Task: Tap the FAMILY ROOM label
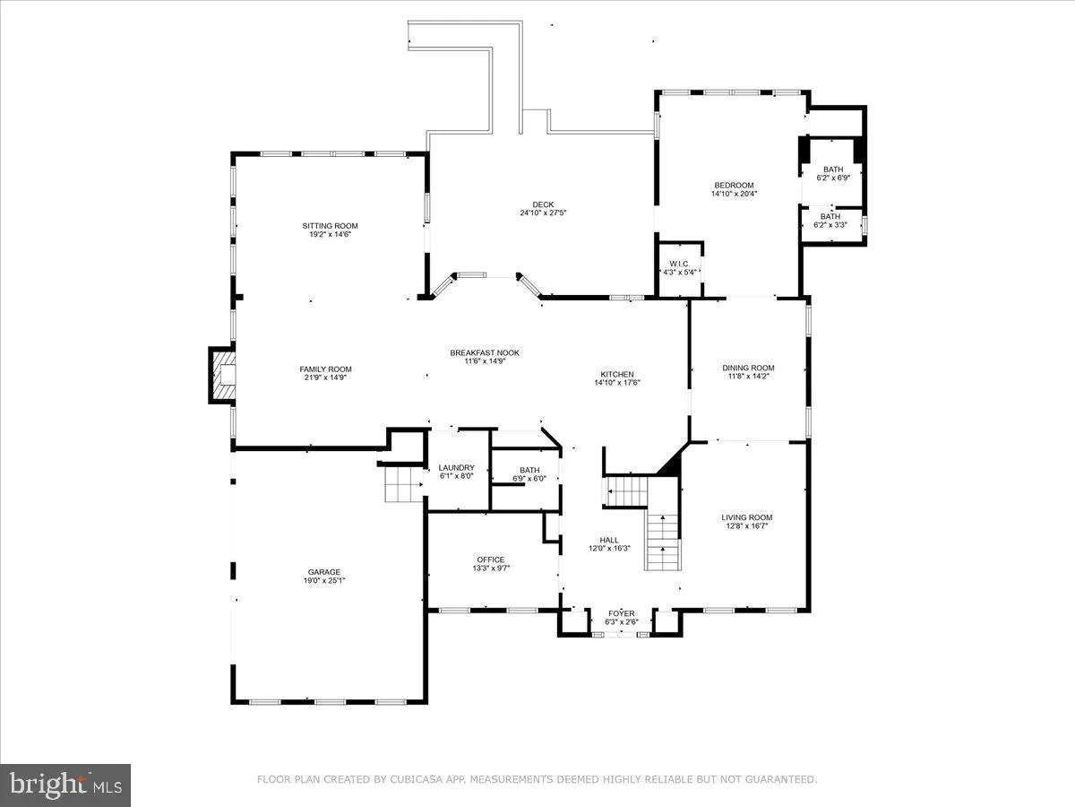[x=325, y=369]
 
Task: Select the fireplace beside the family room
[x=221, y=374]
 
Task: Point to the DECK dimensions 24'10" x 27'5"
[x=543, y=213]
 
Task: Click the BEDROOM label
[x=733, y=186]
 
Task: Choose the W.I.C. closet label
[x=678, y=264]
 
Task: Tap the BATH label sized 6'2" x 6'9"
[x=833, y=169]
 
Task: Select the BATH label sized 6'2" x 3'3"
[x=830, y=216]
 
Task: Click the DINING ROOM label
[x=748, y=368]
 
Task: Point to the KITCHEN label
[x=616, y=374]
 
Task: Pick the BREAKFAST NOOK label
[x=485, y=353]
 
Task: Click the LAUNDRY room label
[x=456, y=468]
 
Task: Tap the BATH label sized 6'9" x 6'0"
[x=529, y=470]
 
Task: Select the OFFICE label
[x=490, y=560]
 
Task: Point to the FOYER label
[x=621, y=613]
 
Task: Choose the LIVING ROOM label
[x=747, y=517]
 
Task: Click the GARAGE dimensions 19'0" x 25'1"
[x=324, y=580]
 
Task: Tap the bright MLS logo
[x=65, y=785]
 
